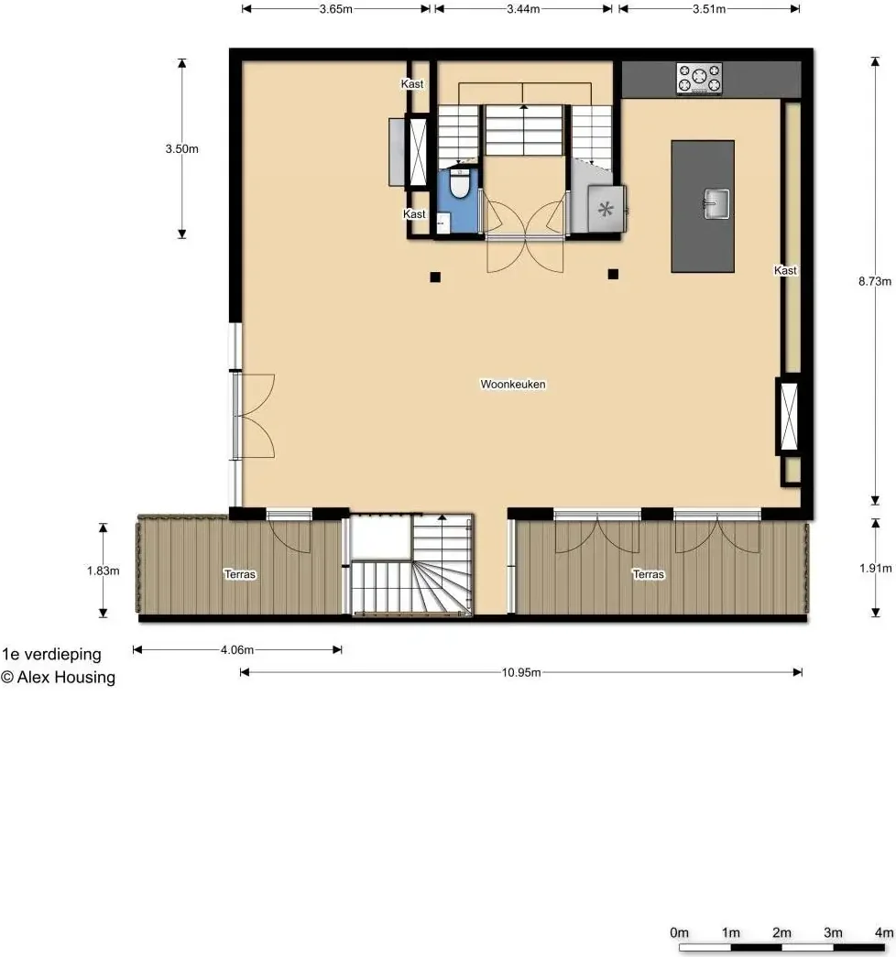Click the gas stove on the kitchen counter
(699, 79)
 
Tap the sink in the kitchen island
(716, 204)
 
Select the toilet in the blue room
(459, 184)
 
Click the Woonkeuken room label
(513, 384)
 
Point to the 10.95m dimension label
(521, 672)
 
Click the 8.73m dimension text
(875, 281)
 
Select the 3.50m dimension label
(181, 149)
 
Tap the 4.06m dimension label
(237, 650)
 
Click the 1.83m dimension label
(103, 571)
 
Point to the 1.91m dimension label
(875, 568)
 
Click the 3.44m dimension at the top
(523, 9)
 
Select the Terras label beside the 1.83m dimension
(240, 574)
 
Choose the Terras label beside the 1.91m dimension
(648, 574)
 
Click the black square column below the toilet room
(435, 277)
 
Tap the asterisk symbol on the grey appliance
(606, 210)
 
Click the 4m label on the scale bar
(884, 932)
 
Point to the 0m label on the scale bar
(679, 932)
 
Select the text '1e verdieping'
(51, 654)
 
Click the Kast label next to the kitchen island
(785, 270)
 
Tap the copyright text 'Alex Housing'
(66, 678)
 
